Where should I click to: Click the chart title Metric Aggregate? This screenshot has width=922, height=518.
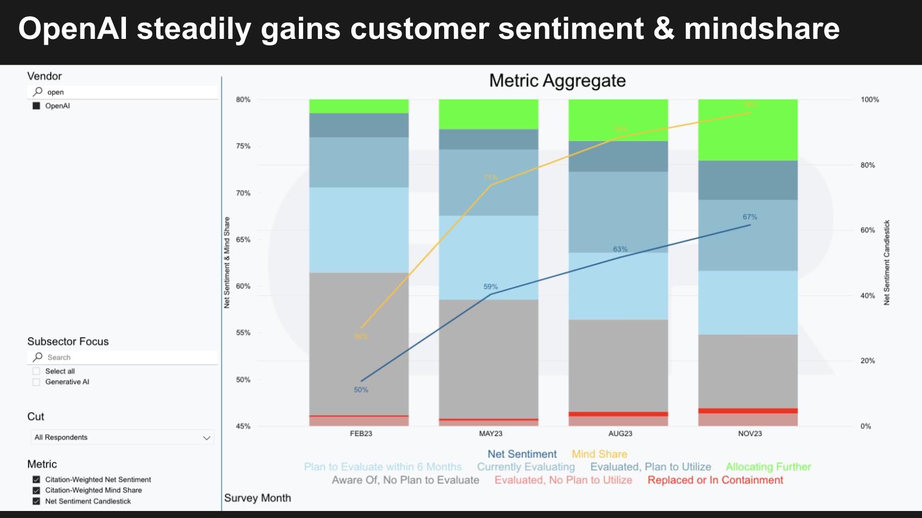click(557, 81)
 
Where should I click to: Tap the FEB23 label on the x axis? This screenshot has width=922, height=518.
click(361, 434)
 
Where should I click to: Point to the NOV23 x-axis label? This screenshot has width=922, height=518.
click(750, 434)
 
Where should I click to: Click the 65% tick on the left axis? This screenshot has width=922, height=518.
click(243, 240)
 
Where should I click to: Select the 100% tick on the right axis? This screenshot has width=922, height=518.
click(870, 100)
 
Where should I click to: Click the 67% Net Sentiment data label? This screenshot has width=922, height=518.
click(750, 217)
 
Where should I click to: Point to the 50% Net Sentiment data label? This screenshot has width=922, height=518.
click(361, 390)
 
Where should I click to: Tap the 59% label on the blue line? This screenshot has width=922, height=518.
click(490, 287)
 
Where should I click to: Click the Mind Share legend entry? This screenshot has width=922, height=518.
click(599, 454)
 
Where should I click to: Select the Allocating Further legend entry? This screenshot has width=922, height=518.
click(768, 467)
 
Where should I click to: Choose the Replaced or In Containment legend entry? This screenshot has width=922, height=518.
click(715, 480)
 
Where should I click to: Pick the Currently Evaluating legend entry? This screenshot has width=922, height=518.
click(526, 467)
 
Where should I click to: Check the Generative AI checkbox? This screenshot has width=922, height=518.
click(36, 382)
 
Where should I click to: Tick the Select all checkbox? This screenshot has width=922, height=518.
click(36, 371)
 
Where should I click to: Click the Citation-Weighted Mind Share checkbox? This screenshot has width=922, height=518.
click(36, 490)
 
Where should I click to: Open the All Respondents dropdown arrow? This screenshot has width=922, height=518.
click(206, 438)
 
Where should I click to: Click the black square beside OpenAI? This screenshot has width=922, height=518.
click(36, 106)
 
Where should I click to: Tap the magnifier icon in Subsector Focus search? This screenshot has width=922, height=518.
click(38, 357)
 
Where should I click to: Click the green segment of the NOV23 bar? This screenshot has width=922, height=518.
click(747, 130)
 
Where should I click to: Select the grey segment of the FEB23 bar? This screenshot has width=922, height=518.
click(359, 344)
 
